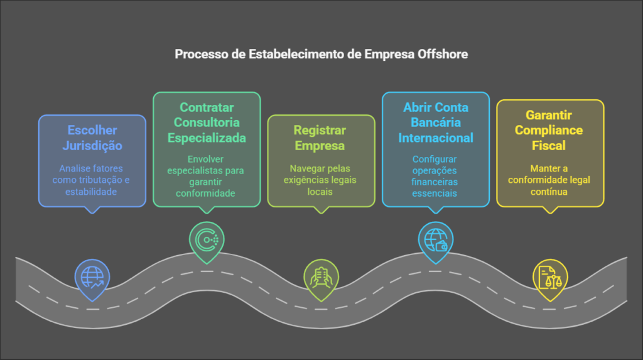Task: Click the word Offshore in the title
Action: tap(443, 55)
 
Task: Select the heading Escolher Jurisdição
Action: tap(92, 138)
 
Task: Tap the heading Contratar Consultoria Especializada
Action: tap(207, 123)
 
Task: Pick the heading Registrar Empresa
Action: tap(320, 138)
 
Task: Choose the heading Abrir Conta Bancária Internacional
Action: tap(436, 123)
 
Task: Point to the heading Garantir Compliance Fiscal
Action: tap(550, 131)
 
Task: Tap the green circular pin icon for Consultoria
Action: tap(207, 240)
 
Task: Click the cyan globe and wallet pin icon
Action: tap(436, 240)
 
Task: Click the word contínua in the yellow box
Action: tap(550, 191)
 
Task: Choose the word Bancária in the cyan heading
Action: tap(436, 123)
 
